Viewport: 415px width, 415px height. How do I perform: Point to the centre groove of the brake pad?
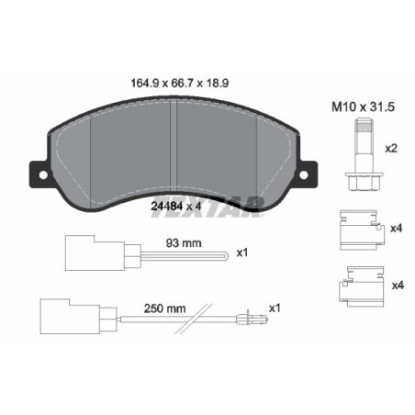click(x=175, y=147)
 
